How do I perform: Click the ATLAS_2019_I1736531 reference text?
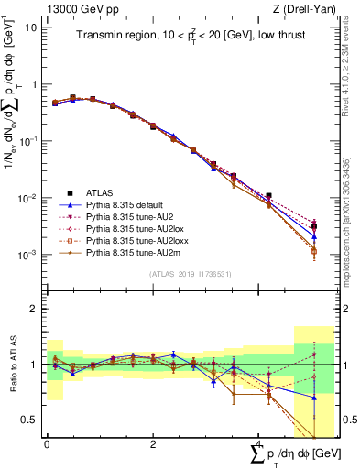pyautogui.click(x=183, y=274)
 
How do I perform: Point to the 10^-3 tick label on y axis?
pyautogui.click(x=28, y=256)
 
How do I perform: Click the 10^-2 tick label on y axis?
pyautogui.click(x=28, y=199)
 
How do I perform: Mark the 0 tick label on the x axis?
pyautogui.click(x=47, y=443)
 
